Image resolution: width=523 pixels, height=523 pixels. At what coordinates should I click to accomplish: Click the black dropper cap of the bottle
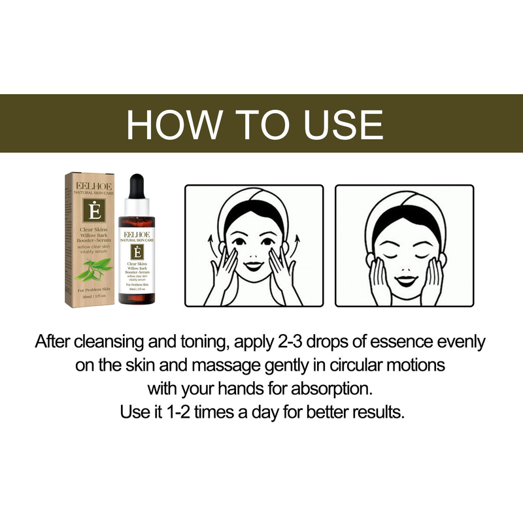click(x=137, y=186)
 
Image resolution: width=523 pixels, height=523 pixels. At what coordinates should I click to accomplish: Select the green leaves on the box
click(x=90, y=268)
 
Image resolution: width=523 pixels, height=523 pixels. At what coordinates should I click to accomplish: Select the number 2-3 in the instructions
click(x=309, y=341)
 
